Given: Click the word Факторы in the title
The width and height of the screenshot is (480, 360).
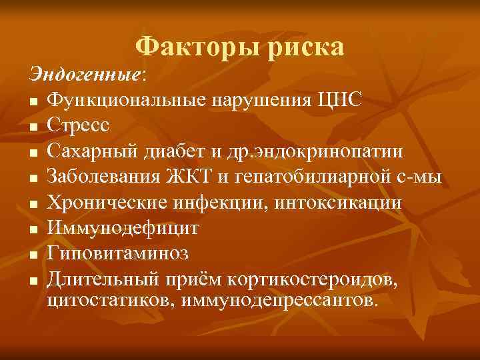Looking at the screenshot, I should [193, 47].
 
